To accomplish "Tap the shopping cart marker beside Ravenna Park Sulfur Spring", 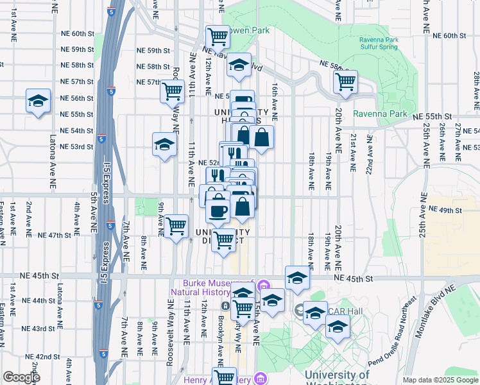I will [x=345, y=82].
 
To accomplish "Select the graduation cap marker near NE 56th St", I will [x=38, y=101].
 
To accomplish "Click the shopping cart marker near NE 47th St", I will [x=176, y=226].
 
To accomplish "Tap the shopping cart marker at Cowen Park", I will [x=218, y=37].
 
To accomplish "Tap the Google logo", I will [x=21, y=378].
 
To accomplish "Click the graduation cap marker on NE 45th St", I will [x=297, y=277].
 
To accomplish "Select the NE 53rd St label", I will [x=76, y=147].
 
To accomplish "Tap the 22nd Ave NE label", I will [x=370, y=155].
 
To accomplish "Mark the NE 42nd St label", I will [x=43, y=357].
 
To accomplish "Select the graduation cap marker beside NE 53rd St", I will [x=164, y=144].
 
